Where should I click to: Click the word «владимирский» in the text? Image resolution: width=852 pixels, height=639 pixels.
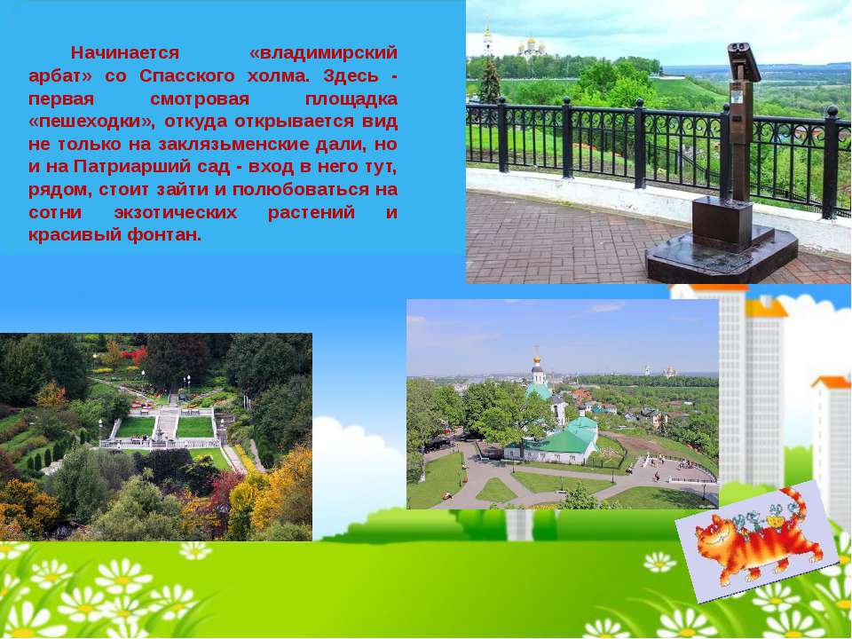click(x=323, y=53)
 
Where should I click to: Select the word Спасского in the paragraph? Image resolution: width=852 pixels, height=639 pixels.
click(x=187, y=76)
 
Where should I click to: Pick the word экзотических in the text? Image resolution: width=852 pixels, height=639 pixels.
click(x=176, y=212)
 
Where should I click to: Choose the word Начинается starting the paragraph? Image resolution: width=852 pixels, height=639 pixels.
click(x=125, y=53)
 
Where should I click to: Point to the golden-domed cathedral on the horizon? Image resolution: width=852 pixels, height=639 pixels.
click(x=531, y=47)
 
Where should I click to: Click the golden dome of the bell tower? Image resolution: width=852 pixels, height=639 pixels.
click(x=536, y=359)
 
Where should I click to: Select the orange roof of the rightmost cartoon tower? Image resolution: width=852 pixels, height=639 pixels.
click(x=832, y=382)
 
